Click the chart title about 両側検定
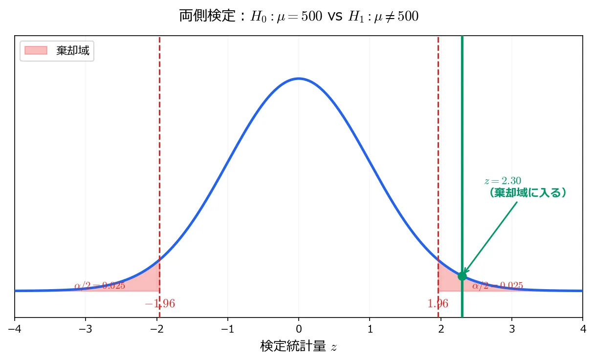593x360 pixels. [299, 17]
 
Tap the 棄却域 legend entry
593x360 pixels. [57, 51]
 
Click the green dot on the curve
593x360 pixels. [462, 276]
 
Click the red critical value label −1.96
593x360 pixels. [160, 304]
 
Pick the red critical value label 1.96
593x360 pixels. [438, 304]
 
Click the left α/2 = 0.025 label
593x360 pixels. [100, 286]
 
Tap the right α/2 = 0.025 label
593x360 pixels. [498, 286]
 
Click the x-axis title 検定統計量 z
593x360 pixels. [299, 347]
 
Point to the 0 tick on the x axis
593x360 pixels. [299, 327]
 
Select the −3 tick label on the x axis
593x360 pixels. [86, 327]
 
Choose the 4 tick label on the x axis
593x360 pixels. [582, 327]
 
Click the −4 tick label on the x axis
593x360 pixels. [15, 327]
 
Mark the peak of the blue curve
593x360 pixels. [299, 78]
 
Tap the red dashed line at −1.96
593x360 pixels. [160, 147]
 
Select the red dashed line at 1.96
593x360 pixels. [438, 147]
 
